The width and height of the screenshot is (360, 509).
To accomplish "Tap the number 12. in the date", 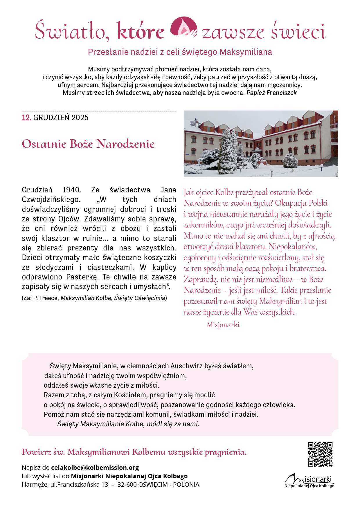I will point(26,118).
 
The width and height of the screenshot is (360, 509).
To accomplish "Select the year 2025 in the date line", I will point(80,118).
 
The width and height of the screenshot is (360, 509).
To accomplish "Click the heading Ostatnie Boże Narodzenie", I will point(88,144).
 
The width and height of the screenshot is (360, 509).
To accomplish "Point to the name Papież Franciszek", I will point(271,93).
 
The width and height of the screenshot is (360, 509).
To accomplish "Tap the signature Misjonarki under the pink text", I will point(223,325).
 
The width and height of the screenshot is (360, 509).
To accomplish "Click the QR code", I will point(320,454).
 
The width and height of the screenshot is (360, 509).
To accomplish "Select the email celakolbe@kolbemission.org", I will point(95,468).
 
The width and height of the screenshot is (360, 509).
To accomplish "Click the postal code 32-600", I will point(127,484).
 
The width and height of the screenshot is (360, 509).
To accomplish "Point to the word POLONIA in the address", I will point(186,484).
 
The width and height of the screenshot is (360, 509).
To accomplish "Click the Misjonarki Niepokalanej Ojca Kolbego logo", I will point(309,481).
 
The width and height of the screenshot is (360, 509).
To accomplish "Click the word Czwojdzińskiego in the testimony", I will point(51,200).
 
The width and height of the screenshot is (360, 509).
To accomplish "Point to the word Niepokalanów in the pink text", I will point(293,247).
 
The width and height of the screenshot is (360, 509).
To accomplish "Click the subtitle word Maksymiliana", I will point(246,52).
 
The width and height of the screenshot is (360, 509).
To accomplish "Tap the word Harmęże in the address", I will point(35,484).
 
